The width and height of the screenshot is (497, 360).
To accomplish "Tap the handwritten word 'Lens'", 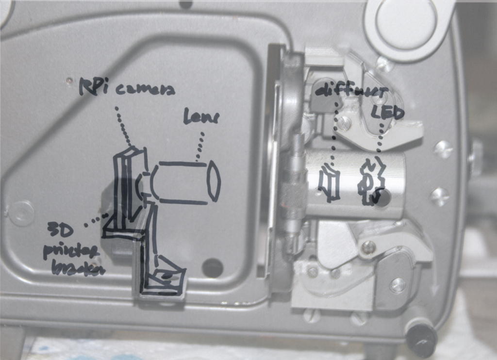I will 201,117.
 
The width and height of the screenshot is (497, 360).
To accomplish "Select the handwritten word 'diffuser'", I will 351,92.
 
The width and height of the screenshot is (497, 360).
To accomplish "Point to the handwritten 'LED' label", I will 391,113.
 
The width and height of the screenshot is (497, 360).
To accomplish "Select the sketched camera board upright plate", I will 127,184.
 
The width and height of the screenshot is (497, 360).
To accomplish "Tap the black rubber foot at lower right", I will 421,338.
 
